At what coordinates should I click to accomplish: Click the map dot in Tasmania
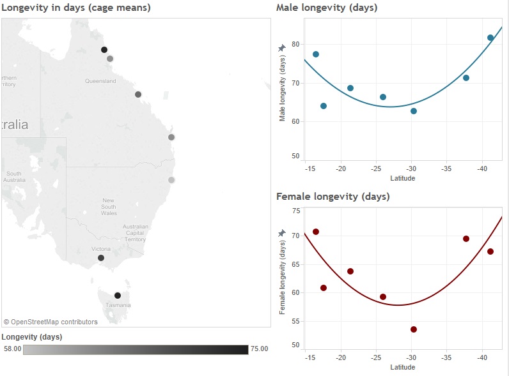[117, 296]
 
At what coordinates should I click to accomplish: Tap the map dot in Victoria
[100, 258]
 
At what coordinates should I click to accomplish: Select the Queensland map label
[100, 81]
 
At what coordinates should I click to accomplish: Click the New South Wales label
[109, 207]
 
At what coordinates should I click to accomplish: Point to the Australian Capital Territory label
[136, 233]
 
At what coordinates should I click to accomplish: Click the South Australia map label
[14, 177]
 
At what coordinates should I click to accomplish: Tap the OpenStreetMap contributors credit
[51, 322]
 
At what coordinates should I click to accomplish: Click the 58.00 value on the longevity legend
[13, 349]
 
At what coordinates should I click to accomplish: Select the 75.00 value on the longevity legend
[258, 349]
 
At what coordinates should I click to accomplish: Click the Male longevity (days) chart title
[326, 8]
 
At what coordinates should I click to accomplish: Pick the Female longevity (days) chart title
[333, 196]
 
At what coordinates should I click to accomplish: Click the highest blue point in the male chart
[490, 38]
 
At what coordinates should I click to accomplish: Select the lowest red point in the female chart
[414, 329]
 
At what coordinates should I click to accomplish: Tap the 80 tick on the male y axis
[295, 44]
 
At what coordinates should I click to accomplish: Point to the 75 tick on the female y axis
[295, 211]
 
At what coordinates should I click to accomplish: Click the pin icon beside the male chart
[282, 49]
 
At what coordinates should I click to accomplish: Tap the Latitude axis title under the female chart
[402, 367]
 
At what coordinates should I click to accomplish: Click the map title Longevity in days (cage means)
[77, 8]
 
